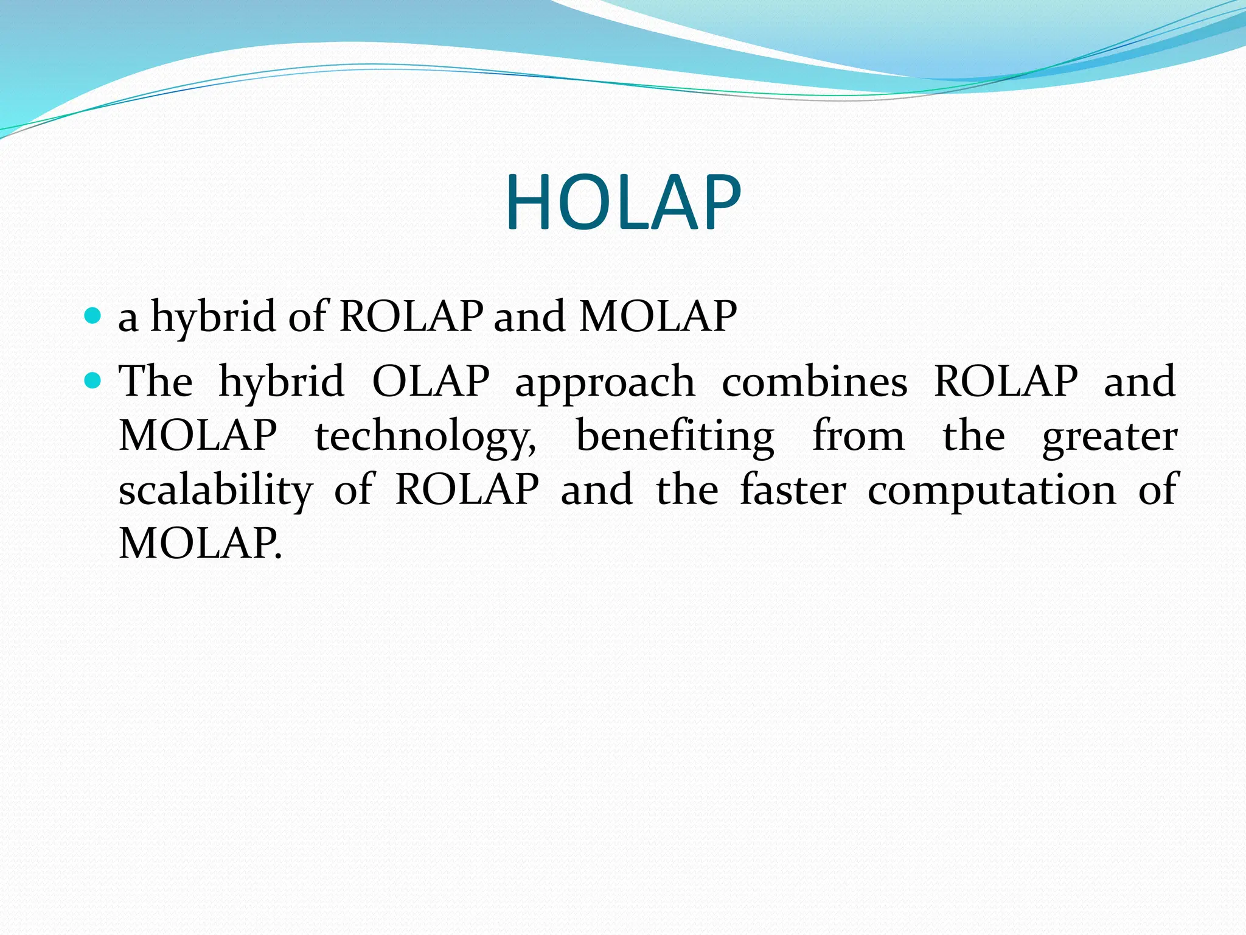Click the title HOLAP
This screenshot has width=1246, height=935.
coord(623,203)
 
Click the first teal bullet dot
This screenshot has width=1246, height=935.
coord(92,315)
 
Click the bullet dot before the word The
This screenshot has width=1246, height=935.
coord(92,381)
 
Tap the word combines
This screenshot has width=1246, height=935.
coord(814,382)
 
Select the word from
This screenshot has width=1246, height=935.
coord(858,436)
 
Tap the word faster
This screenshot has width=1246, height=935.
coord(792,490)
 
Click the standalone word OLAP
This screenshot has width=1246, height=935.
coord(431,382)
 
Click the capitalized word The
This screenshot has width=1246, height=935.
coord(156,382)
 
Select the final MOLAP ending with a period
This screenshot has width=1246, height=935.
coord(200,543)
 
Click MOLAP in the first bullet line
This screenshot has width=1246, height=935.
coord(658,317)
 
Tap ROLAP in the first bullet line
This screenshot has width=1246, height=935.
coord(411,317)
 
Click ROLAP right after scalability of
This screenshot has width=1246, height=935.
coord(467,489)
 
